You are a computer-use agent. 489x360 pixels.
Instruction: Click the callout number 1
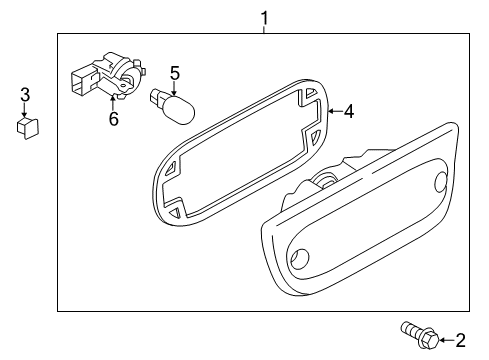[x=264, y=17]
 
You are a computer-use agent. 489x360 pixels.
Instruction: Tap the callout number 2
[x=460, y=340]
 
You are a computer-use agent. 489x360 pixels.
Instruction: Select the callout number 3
[x=25, y=96]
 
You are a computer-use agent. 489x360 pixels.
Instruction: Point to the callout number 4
[x=348, y=112]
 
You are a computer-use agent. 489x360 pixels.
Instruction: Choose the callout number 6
[x=113, y=120]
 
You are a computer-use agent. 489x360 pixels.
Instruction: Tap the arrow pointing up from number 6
[x=113, y=102]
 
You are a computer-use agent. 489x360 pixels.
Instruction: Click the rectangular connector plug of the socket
[x=80, y=79]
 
